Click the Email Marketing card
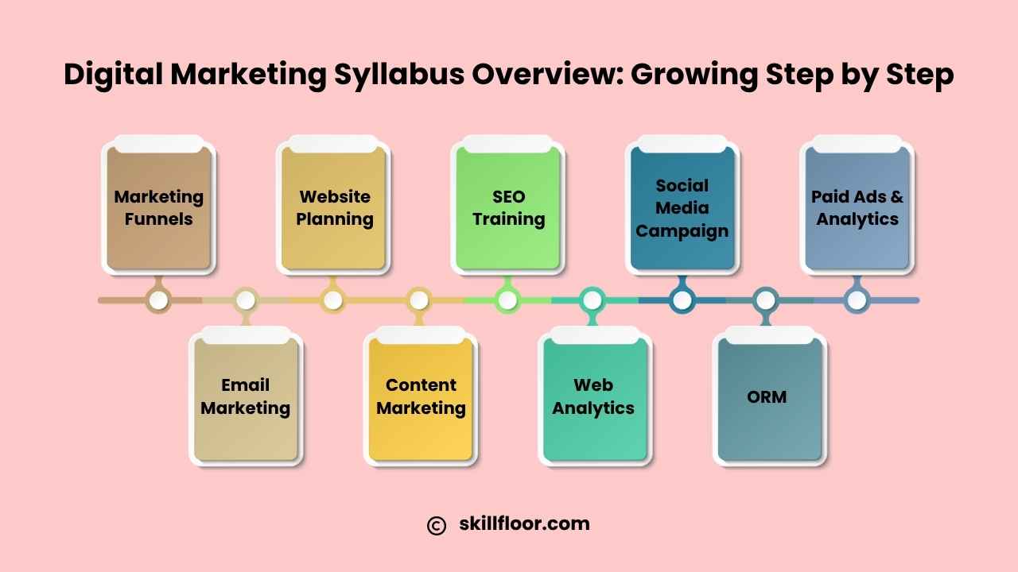246,396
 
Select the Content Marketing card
421,396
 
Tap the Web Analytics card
595,396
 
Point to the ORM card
769,396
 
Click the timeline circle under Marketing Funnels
158,300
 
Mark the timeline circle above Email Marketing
246,300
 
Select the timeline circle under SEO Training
507,300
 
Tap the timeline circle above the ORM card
766,300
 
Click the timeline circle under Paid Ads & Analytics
857,300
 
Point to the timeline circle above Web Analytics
593,300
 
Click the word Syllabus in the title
399,75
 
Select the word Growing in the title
694,75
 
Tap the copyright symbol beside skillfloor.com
437,526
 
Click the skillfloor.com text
524,524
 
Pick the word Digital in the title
113,75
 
